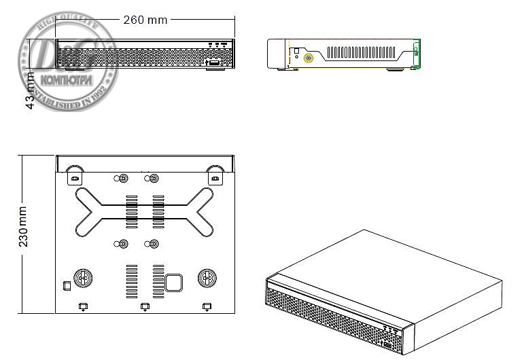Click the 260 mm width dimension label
tap(145, 19)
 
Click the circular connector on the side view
tap(308, 58)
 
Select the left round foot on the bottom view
tap(84, 278)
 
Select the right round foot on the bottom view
tap(207, 278)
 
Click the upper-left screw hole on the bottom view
tap(123, 179)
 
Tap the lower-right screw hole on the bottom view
tap(154, 245)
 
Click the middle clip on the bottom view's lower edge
tap(144, 307)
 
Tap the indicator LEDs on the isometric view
tap(390, 328)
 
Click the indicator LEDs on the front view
tap(217, 46)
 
